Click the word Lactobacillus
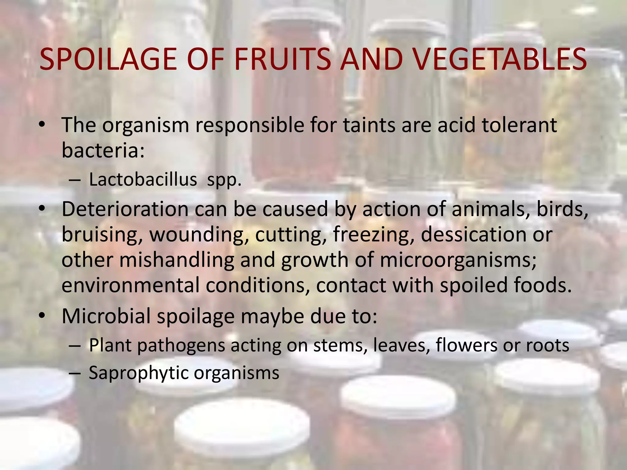pyautogui.click(x=143, y=180)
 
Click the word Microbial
pyautogui.click(x=106, y=316)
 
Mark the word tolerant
pyautogui.click(x=519, y=125)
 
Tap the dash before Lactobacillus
pyautogui.click(x=75, y=180)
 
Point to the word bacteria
pyautogui.click(x=103, y=151)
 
